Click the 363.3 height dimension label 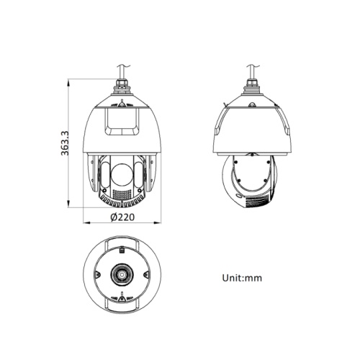point(65,144)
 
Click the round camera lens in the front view point(122,172)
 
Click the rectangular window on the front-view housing point(121,119)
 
